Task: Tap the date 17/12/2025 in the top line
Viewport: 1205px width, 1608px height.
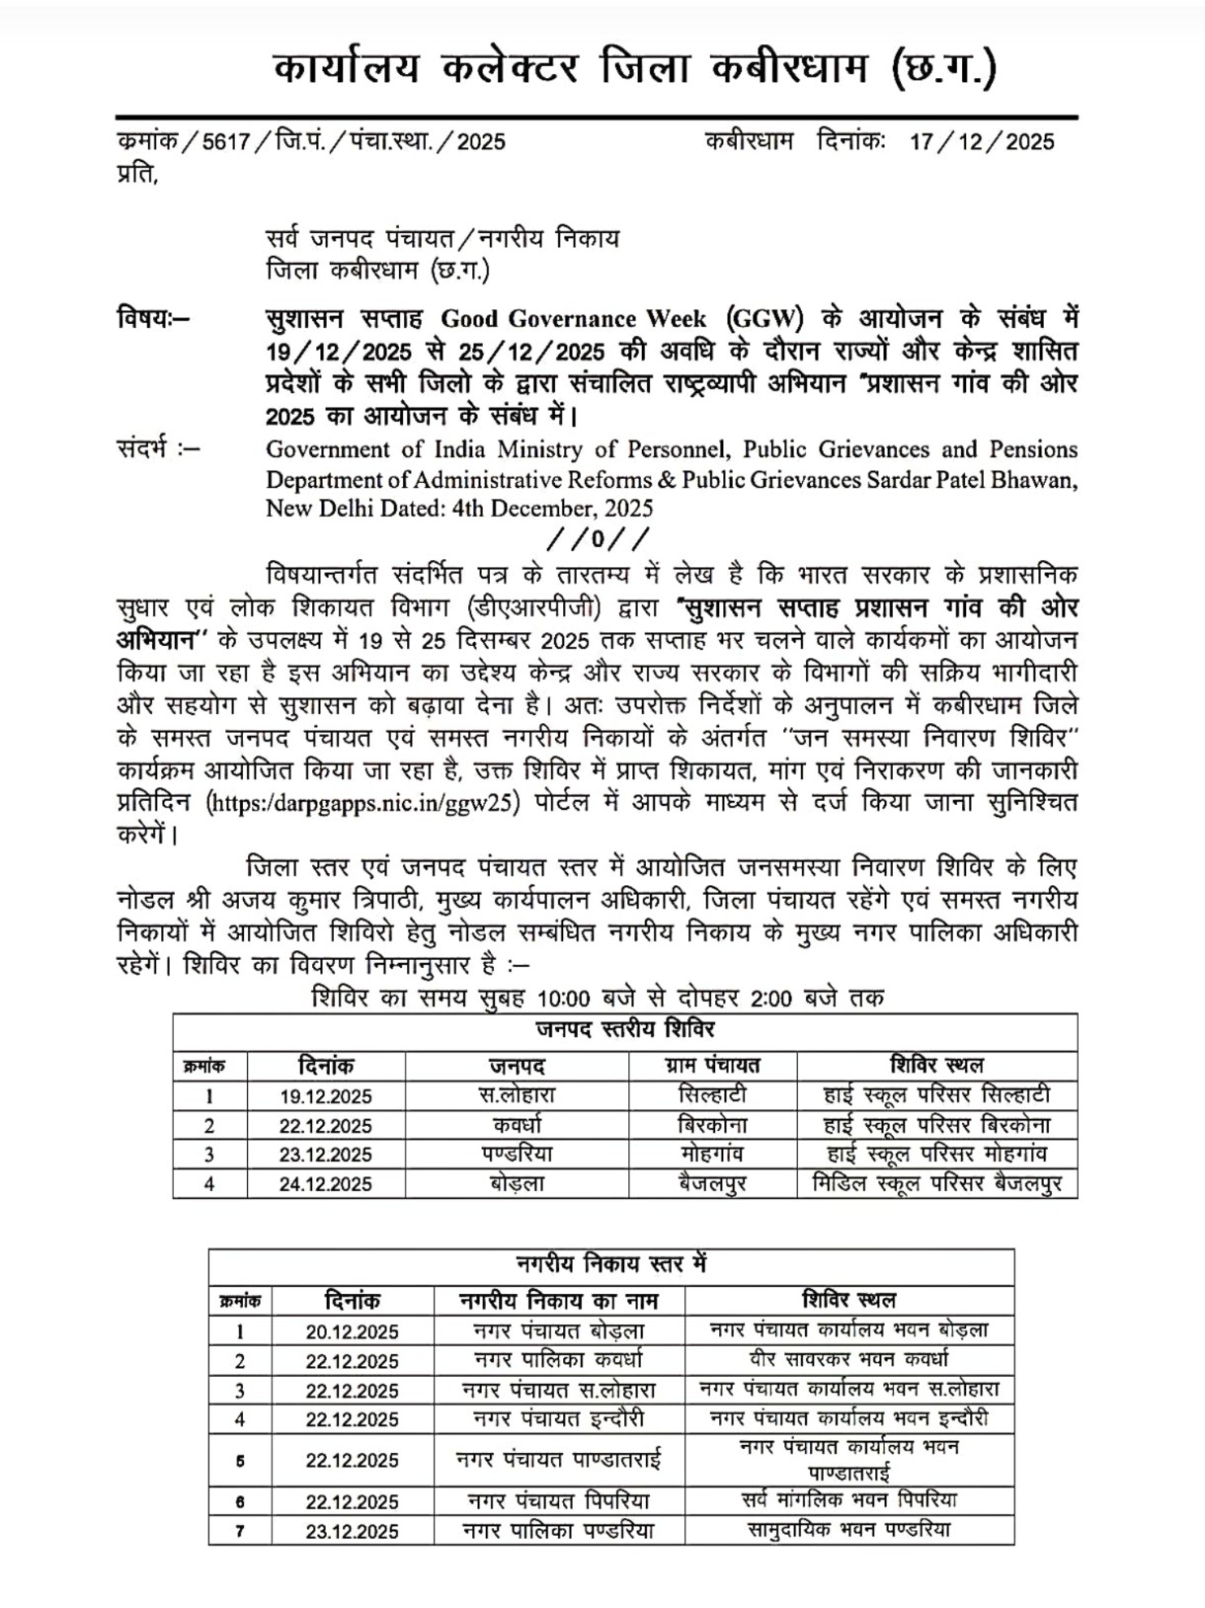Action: [x=982, y=141]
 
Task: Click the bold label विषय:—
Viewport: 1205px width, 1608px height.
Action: [x=154, y=319]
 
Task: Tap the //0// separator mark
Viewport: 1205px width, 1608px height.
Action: [x=599, y=539]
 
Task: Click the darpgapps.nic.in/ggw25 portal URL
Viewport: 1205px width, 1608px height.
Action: [x=363, y=802]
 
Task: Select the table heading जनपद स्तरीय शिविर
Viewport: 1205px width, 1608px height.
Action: [x=625, y=1029]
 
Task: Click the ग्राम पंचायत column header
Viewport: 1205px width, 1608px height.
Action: [x=712, y=1066]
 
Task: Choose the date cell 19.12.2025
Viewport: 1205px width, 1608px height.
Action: [x=325, y=1096]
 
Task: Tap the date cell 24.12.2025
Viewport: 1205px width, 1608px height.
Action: [x=325, y=1184]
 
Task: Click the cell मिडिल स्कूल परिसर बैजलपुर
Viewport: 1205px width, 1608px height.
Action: [x=936, y=1183]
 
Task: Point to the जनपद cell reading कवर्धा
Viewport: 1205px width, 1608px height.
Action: [x=517, y=1125]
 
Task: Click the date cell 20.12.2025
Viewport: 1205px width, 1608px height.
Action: [x=352, y=1331]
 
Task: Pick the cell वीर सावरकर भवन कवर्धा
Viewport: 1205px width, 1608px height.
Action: [x=848, y=1359]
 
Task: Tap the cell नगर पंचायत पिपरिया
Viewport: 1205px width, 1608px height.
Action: [x=559, y=1501]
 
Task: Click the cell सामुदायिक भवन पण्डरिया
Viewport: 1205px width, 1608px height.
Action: [x=848, y=1530]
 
